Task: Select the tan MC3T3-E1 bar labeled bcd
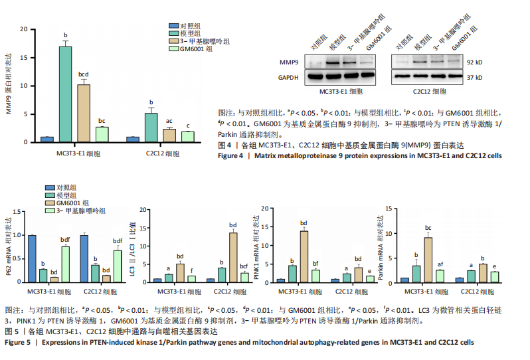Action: click(x=82, y=113)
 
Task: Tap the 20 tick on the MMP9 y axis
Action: click(x=24, y=29)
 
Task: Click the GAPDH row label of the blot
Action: click(x=287, y=77)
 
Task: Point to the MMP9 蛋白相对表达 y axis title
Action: click(x=10, y=86)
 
